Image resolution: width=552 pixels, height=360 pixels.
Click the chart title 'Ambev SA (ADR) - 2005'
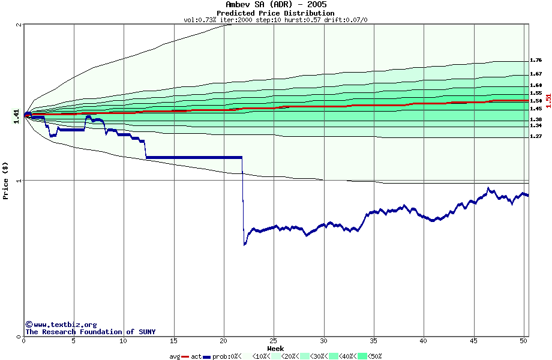pyautogui.click(x=275, y=5)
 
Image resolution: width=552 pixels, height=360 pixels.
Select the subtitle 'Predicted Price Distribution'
pyautogui.click(x=275, y=13)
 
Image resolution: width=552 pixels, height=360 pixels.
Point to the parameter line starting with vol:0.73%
pyautogui.click(x=275, y=20)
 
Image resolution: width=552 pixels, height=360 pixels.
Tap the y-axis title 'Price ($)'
pyautogui.click(x=6, y=180)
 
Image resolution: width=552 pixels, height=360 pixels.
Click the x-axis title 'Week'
pyautogui.click(x=275, y=348)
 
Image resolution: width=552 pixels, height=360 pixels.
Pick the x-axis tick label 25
pyautogui.click(x=274, y=341)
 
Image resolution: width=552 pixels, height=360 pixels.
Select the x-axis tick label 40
pyautogui.click(x=423, y=341)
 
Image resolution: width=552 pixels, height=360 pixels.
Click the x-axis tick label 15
pyautogui.click(x=174, y=341)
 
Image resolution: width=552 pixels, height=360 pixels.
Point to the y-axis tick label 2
pyautogui.click(x=19, y=25)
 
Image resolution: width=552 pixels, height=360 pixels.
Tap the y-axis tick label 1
pyautogui.click(x=19, y=181)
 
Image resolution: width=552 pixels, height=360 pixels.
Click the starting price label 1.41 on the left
pyautogui.click(x=16, y=115)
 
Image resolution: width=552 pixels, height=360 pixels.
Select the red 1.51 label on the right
pyautogui.click(x=548, y=101)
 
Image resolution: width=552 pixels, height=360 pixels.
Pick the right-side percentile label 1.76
pyautogui.click(x=536, y=61)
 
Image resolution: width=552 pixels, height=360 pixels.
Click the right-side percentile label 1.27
pyautogui.click(x=536, y=137)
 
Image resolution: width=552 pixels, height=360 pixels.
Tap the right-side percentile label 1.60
pyautogui.click(x=536, y=85)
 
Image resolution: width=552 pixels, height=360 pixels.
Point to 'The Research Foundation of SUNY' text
pyautogui.click(x=91, y=332)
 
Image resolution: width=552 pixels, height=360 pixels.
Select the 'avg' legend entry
pyautogui.click(x=175, y=356)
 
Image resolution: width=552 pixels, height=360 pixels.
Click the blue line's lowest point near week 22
pyautogui.click(x=244, y=244)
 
